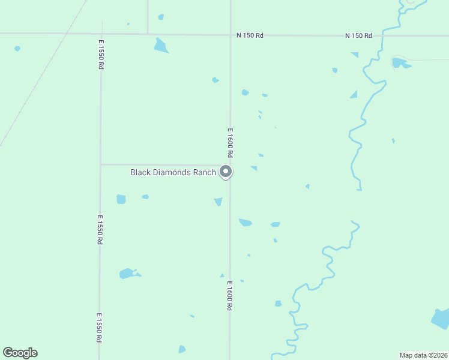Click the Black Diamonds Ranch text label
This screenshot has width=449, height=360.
point(173,172)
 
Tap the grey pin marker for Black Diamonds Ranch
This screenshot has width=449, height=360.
point(226,172)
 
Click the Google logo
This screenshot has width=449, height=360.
point(20,353)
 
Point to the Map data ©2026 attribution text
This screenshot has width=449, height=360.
point(423,355)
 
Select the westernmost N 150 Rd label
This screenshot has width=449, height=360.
point(250,35)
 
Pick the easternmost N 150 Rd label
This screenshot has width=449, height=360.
point(358,36)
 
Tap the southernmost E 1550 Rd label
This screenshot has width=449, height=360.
point(99,328)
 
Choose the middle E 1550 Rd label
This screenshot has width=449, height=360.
point(100,230)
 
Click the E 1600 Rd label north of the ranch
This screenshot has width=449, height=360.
point(229,142)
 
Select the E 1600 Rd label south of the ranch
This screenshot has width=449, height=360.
point(229,296)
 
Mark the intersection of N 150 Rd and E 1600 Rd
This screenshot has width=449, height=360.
point(231,35)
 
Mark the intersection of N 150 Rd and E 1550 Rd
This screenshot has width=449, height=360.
point(102,34)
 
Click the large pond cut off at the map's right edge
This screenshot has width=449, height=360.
point(441,319)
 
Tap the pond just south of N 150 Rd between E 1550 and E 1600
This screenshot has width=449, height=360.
point(161,46)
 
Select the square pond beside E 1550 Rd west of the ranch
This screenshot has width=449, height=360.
point(121,199)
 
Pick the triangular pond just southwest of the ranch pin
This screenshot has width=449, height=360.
point(218,202)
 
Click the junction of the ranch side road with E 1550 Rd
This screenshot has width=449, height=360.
point(101,164)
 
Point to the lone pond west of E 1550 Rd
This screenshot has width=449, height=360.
point(17,48)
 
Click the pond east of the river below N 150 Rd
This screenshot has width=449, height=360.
point(400,62)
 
